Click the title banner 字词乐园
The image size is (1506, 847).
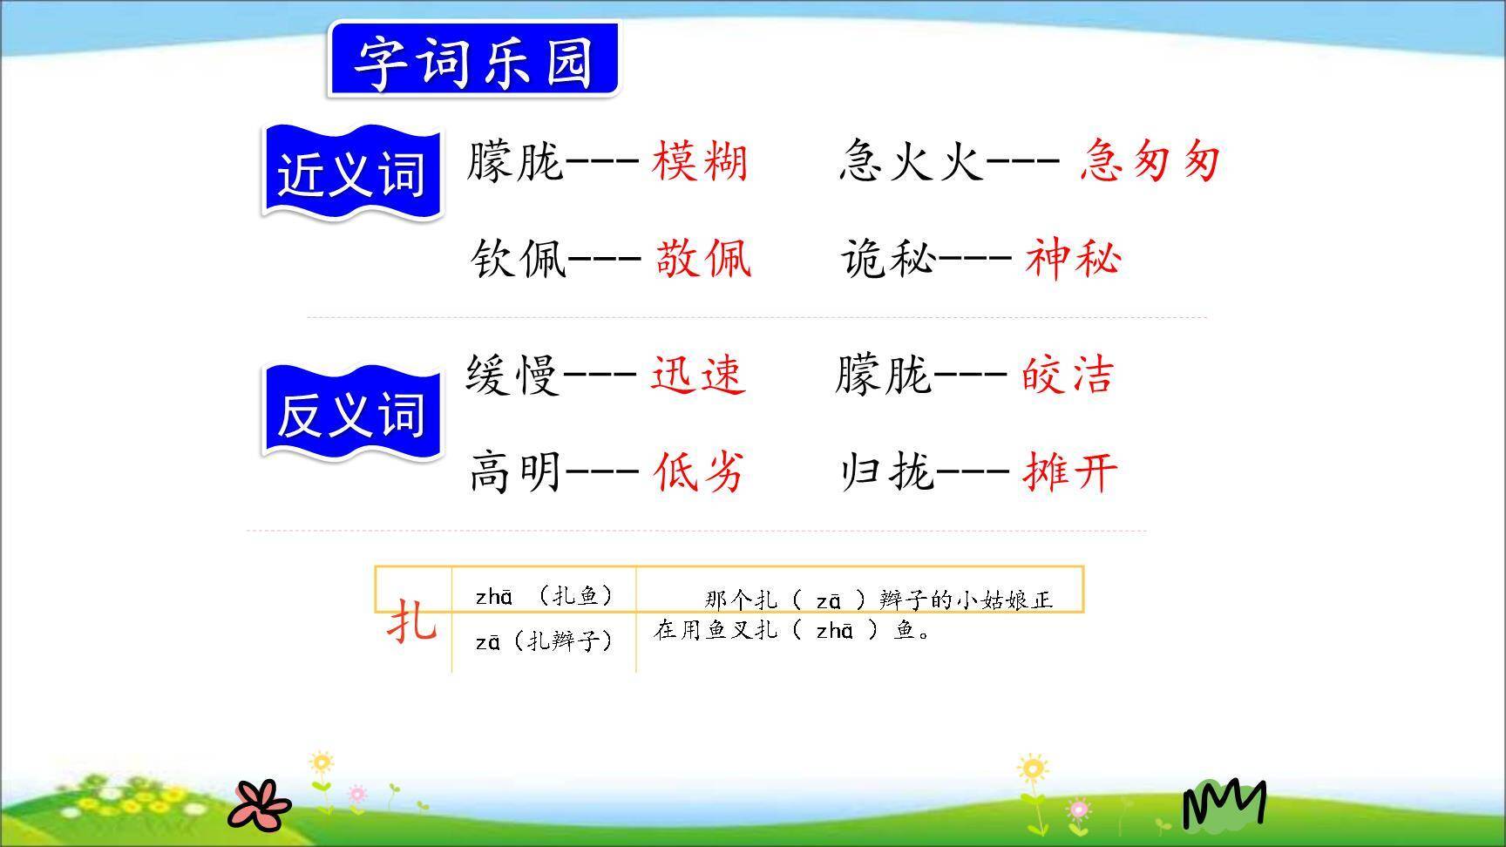(473, 60)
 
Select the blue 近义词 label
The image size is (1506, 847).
(352, 173)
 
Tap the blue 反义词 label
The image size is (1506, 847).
(352, 413)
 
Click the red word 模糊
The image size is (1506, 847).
(699, 162)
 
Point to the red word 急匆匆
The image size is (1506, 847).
(1149, 162)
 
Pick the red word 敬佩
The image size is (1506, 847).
(702, 259)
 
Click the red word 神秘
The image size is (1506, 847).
(1072, 259)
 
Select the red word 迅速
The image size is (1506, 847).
(697, 375)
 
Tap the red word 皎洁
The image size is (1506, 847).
(1068, 375)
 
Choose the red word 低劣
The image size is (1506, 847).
(699, 471)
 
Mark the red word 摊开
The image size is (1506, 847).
(1069, 471)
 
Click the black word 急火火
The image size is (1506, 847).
(912, 162)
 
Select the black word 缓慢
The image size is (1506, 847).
(512, 375)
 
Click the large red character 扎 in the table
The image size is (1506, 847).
(411, 621)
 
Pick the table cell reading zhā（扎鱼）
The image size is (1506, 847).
(545, 596)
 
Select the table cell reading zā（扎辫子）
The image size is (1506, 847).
(545, 642)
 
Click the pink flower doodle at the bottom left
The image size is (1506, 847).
(260, 803)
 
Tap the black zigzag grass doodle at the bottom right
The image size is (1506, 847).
(1224, 803)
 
